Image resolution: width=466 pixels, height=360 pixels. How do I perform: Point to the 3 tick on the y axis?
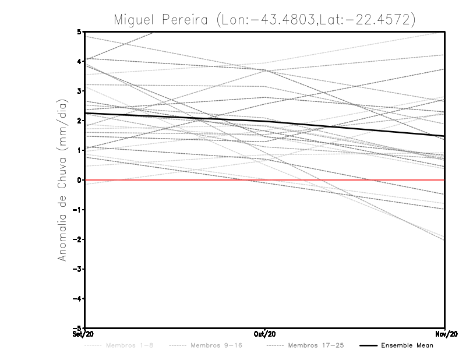pyautogui.click(x=79, y=91)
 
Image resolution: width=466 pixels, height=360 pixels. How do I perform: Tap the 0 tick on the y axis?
pyautogui.click(x=79, y=180)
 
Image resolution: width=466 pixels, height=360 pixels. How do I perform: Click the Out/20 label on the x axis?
pyautogui.click(x=265, y=334)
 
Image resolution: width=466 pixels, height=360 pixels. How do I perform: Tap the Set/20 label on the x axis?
pyautogui.click(x=84, y=334)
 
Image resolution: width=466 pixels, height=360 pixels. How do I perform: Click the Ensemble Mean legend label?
pyautogui.click(x=407, y=345)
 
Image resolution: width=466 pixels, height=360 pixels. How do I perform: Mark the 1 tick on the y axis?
pyautogui.click(x=79, y=150)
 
